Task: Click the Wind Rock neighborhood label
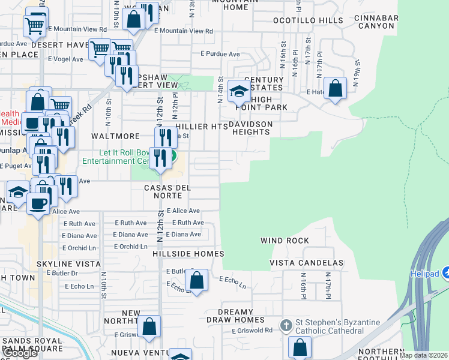point(285,241)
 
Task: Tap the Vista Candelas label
point(306,263)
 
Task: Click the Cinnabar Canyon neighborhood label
point(376,22)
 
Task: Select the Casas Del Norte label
point(167,192)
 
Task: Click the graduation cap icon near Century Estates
point(238,92)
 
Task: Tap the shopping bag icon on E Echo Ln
point(196,280)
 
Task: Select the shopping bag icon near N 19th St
point(336,88)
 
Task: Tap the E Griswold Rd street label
point(252,331)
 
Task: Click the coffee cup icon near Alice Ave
point(38,203)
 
